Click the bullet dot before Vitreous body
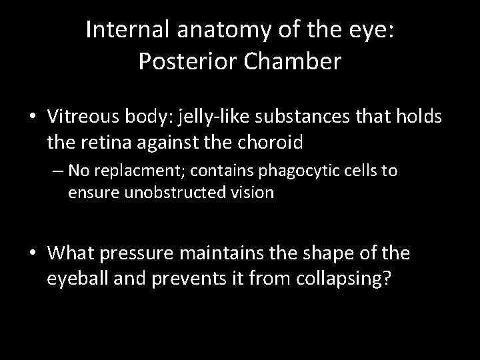pyautogui.click(x=32, y=117)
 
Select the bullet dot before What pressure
pyautogui.click(x=32, y=255)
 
